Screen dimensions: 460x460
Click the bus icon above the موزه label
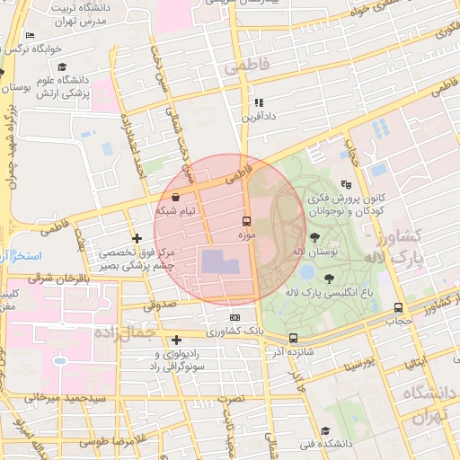coord(246,220)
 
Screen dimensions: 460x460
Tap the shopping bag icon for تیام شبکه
coord(174,196)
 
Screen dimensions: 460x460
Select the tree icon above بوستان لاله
coord(315,237)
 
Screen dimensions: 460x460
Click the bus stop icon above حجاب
coord(398,307)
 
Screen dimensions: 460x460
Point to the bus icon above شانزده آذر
coord(293,339)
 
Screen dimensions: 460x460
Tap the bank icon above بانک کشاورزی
coord(235,317)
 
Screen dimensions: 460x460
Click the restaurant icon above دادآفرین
coord(259,102)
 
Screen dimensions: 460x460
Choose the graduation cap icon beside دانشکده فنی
coord(324,430)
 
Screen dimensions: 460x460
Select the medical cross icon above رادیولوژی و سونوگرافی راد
coord(176,340)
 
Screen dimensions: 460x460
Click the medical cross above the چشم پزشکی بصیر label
coord(137,238)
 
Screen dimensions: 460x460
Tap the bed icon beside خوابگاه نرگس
coord(30,35)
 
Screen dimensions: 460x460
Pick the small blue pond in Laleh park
coord(306,270)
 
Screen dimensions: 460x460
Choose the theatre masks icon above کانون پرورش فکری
coord(347,183)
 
